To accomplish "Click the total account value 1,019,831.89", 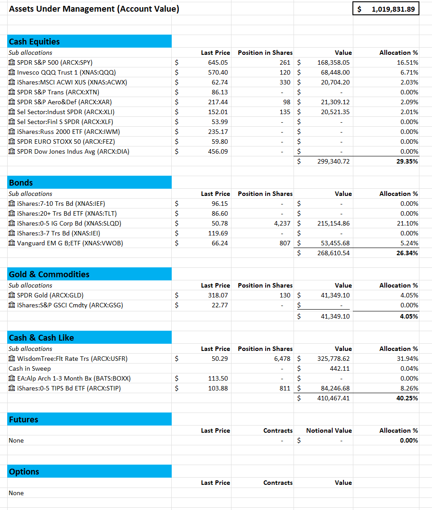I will [x=393, y=9].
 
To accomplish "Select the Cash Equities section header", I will [x=34, y=42].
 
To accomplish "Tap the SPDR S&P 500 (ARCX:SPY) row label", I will [x=54, y=62].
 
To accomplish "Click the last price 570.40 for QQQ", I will [x=218, y=72].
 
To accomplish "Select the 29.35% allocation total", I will [x=407, y=161].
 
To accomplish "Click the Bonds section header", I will [x=21, y=183].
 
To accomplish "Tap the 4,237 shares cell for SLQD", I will [x=282, y=223].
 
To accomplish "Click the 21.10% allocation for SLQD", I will [x=409, y=223].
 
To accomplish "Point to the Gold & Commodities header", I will [x=49, y=275].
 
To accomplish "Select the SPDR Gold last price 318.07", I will [x=218, y=295].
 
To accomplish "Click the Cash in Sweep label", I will [x=30, y=368].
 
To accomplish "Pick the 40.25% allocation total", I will [x=407, y=398].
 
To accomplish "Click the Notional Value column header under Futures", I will [x=329, y=430].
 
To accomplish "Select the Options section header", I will [x=24, y=472].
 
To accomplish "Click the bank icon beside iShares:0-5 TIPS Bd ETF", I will [x=12, y=388].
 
